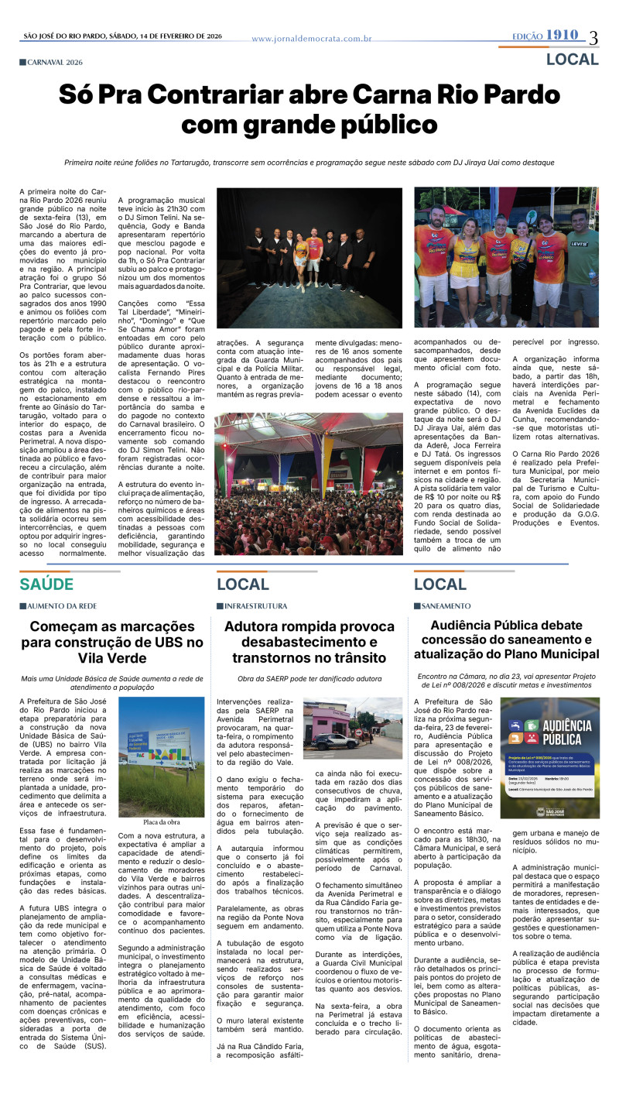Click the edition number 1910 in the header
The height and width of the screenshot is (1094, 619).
tap(562, 35)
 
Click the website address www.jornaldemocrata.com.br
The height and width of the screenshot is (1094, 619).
tap(312, 38)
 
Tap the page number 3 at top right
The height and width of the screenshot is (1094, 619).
tap(593, 37)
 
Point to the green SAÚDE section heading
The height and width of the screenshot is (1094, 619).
tap(46, 584)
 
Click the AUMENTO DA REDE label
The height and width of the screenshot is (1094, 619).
tap(61, 605)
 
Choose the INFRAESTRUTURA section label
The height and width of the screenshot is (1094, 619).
tap(255, 605)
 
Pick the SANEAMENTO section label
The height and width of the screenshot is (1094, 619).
tap(445, 605)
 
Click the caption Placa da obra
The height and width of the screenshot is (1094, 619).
tap(162, 801)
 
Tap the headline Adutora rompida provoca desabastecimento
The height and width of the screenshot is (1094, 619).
tap(309, 642)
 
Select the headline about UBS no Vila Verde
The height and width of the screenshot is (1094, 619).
tap(112, 642)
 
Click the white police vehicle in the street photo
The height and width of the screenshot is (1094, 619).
tap(334, 741)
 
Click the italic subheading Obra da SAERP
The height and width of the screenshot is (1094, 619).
tap(309, 679)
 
